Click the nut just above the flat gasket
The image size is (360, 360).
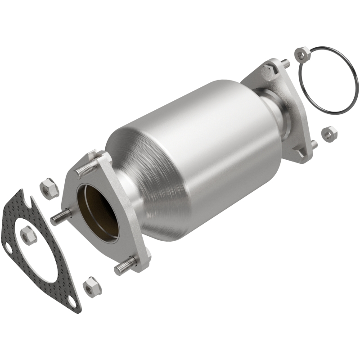[49, 187]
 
